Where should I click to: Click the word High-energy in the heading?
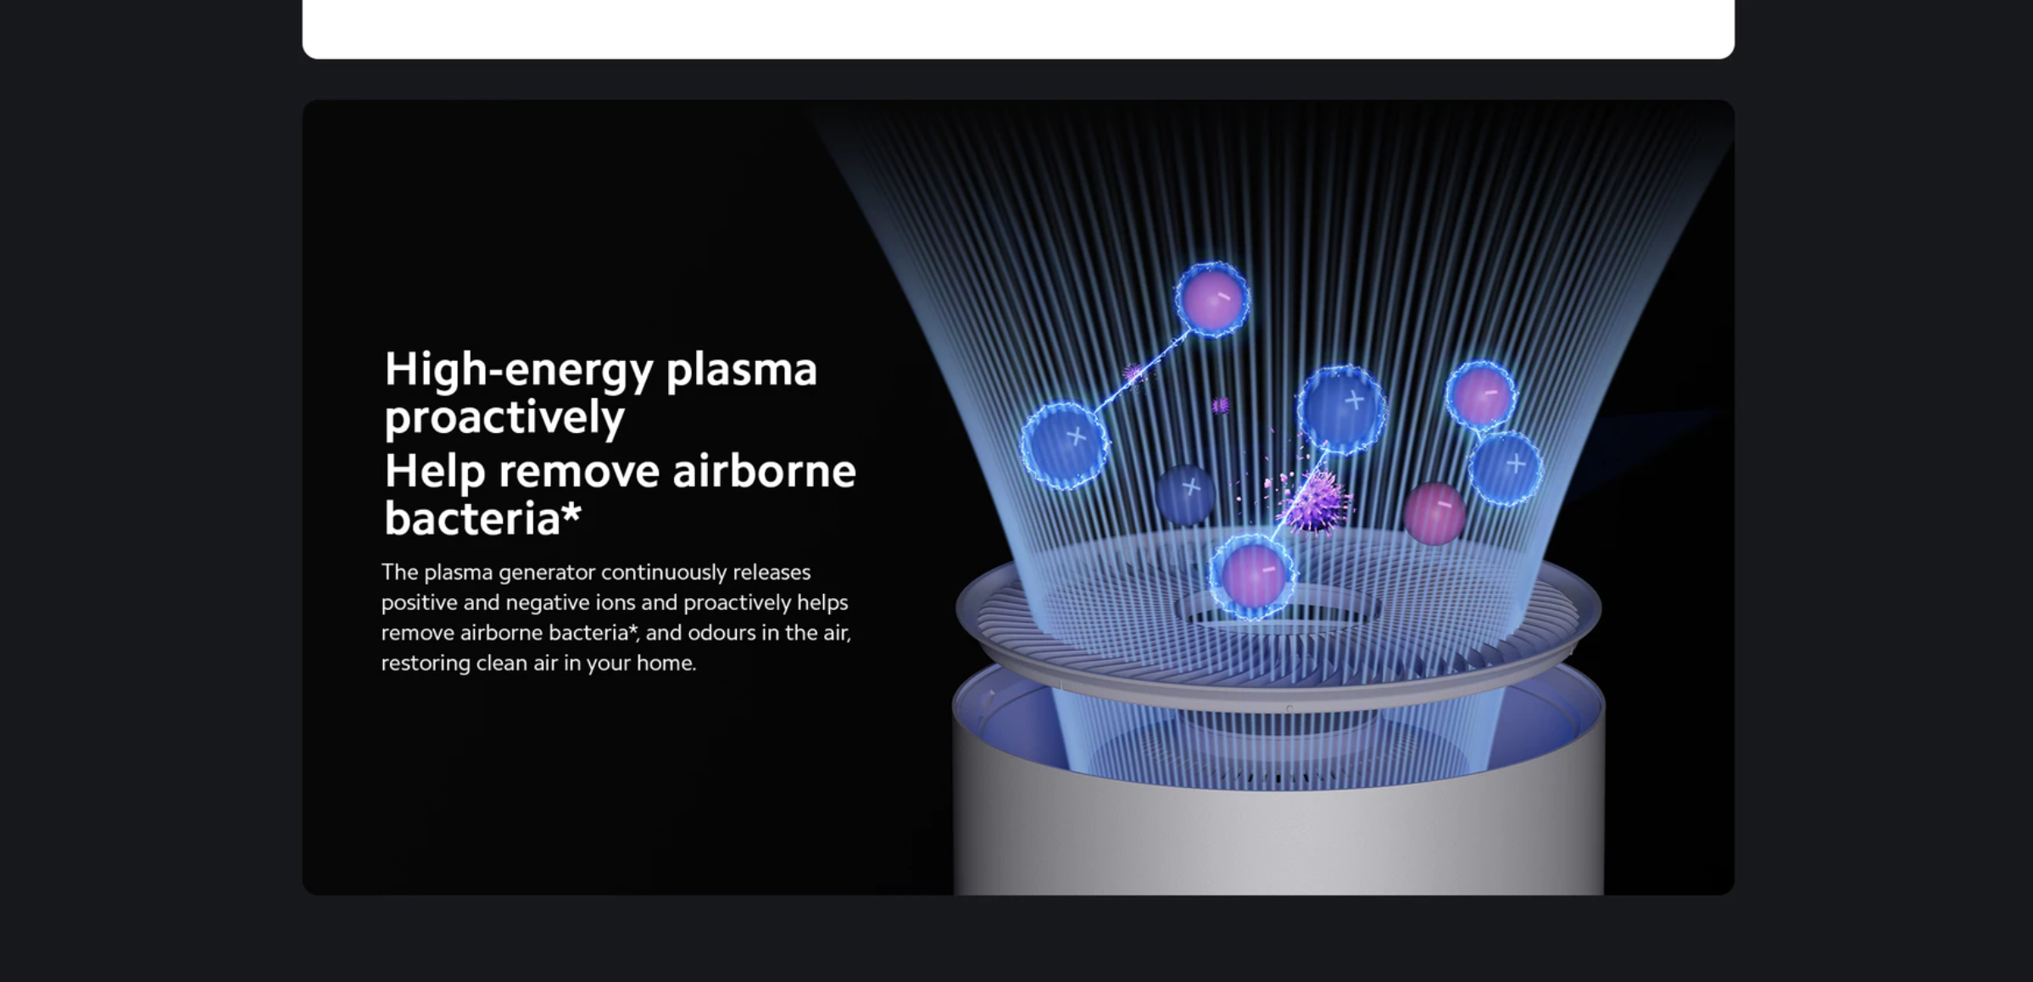pyautogui.click(x=519, y=370)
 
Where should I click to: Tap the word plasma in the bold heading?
pyautogui.click(x=742, y=370)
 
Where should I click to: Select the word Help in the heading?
pyautogui.click(x=435, y=472)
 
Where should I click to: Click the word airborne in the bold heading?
pyautogui.click(x=764, y=470)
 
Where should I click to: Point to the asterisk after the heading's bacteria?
pyautogui.click(x=571, y=511)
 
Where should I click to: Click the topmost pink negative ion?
pyautogui.click(x=1212, y=299)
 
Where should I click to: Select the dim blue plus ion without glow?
pyautogui.click(x=1185, y=492)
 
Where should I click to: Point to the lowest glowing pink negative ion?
pyautogui.click(x=1252, y=575)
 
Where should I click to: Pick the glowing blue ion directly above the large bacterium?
pyautogui.click(x=1342, y=408)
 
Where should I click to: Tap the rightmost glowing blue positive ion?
pyautogui.click(x=1505, y=469)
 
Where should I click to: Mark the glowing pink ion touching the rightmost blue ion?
pyautogui.click(x=1481, y=395)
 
